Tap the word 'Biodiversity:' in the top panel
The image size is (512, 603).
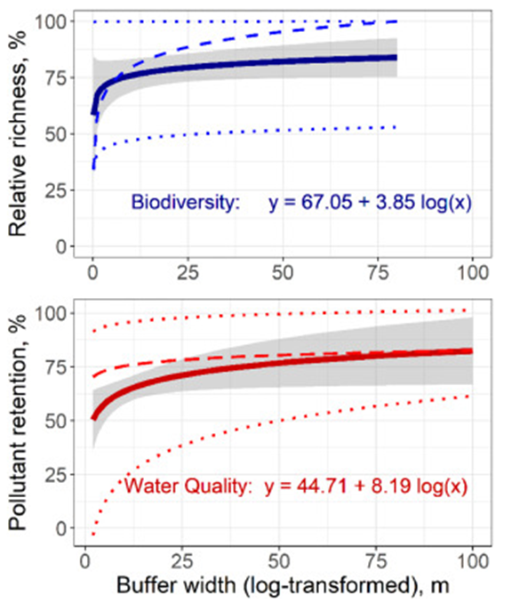tap(185, 204)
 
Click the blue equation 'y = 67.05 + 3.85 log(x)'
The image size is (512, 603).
tap(369, 204)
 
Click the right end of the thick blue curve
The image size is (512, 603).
tap(396, 57)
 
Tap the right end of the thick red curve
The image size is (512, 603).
tap(471, 350)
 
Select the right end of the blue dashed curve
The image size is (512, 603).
tap(396, 21)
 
